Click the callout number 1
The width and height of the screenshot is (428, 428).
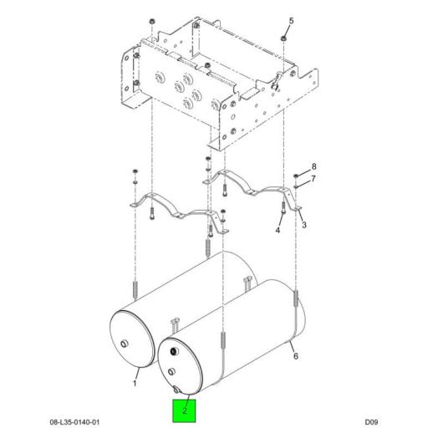click(135, 383)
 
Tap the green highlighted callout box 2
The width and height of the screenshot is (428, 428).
click(184, 410)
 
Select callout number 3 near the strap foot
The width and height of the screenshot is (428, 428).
click(304, 225)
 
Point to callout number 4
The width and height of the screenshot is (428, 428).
click(278, 230)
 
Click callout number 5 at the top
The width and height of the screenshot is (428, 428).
click(291, 21)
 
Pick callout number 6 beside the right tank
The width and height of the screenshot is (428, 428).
click(296, 356)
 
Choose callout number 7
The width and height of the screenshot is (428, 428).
click(313, 178)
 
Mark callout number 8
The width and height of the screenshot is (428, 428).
click(314, 166)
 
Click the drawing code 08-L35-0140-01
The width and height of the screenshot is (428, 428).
click(74, 422)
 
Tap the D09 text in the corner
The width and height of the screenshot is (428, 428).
click(371, 422)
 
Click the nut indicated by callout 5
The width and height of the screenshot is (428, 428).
click(283, 38)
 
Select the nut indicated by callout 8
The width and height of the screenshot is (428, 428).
click(296, 176)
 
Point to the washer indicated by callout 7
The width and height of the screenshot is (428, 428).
click(296, 186)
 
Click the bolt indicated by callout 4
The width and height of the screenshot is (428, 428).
click(283, 207)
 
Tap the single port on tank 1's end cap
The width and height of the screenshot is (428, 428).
click(124, 344)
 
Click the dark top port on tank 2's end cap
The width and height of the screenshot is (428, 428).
click(174, 351)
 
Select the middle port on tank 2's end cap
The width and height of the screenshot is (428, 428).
click(171, 371)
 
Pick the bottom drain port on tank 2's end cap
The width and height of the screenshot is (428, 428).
click(176, 390)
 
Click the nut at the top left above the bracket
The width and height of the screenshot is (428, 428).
click(152, 21)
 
